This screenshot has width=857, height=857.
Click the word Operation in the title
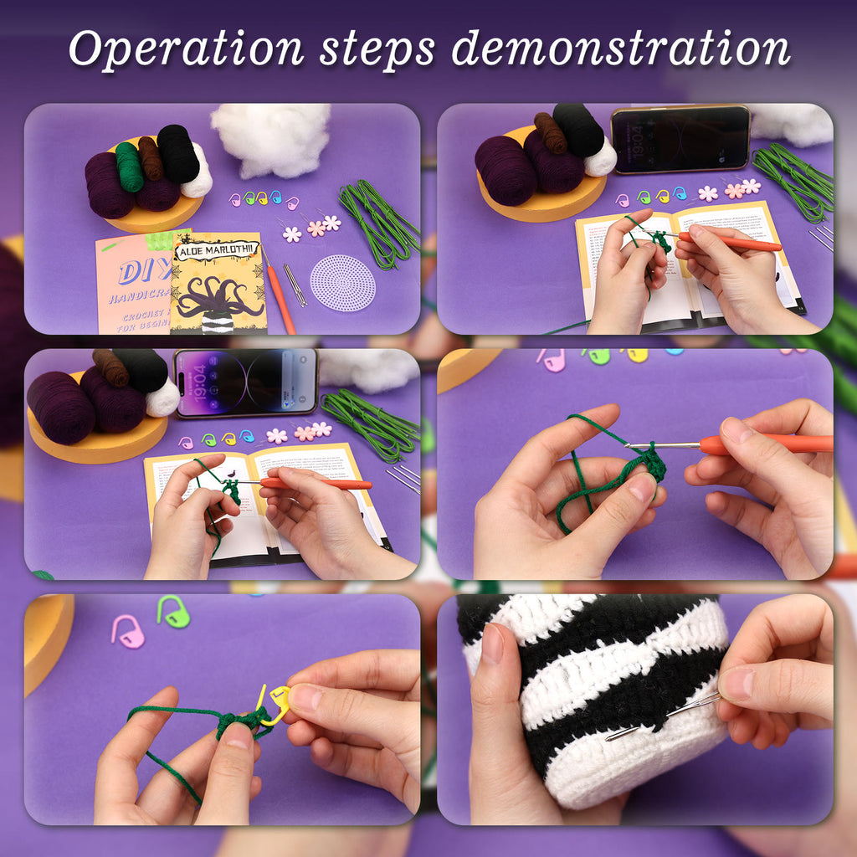(185, 49)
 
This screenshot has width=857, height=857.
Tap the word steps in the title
(377, 49)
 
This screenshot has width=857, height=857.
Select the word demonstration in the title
(620, 49)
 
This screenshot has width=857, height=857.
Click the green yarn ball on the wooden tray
(129, 165)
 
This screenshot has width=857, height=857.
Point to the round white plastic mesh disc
(342, 282)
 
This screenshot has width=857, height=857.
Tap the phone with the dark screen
(680, 138)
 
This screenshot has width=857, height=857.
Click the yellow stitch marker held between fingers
(275, 704)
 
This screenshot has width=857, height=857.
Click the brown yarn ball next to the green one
(151, 157)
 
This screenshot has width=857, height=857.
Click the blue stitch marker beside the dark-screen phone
(679, 193)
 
